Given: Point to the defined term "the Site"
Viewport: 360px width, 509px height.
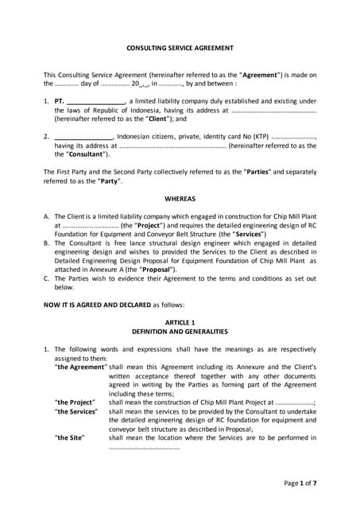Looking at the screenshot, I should coord(69,437).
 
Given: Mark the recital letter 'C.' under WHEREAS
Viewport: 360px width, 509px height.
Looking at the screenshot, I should coord(47,279).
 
